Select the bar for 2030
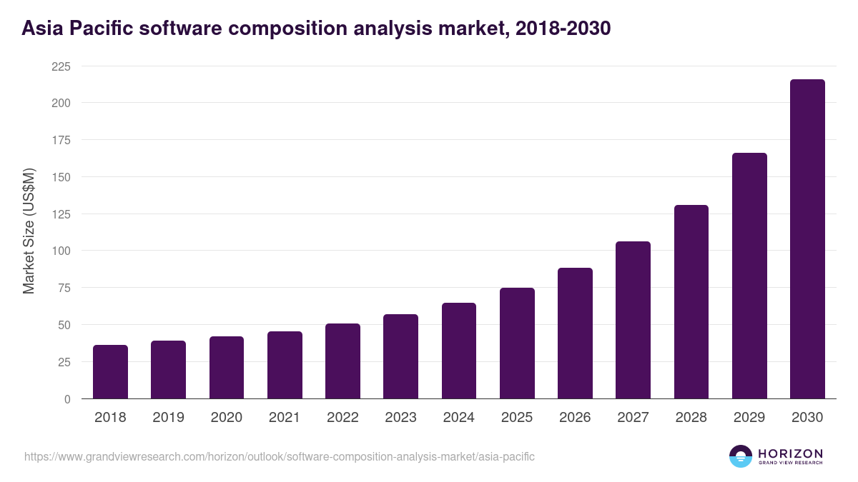pyautogui.click(x=807, y=239)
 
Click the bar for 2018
pyautogui.click(x=110, y=372)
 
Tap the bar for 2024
pyautogui.click(x=459, y=351)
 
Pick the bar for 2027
pyautogui.click(x=633, y=320)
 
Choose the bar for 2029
pyautogui.click(x=749, y=276)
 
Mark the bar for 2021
pyautogui.click(x=285, y=365)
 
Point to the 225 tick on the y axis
pyautogui.click(x=61, y=66)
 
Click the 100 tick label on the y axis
pyautogui.click(x=61, y=251)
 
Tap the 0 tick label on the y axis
pyautogui.click(x=67, y=399)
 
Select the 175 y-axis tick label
pyautogui.click(x=61, y=140)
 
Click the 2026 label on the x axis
pyautogui.click(x=575, y=418)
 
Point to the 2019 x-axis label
pyautogui.click(x=168, y=418)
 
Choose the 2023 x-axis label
pyautogui.click(x=400, y=418)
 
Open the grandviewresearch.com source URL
pyautogui.click(x=280, y=456)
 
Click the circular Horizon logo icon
pyautogui.click(x=741, y=456)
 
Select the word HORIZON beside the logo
pyautogui.click(x=790, y=453)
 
